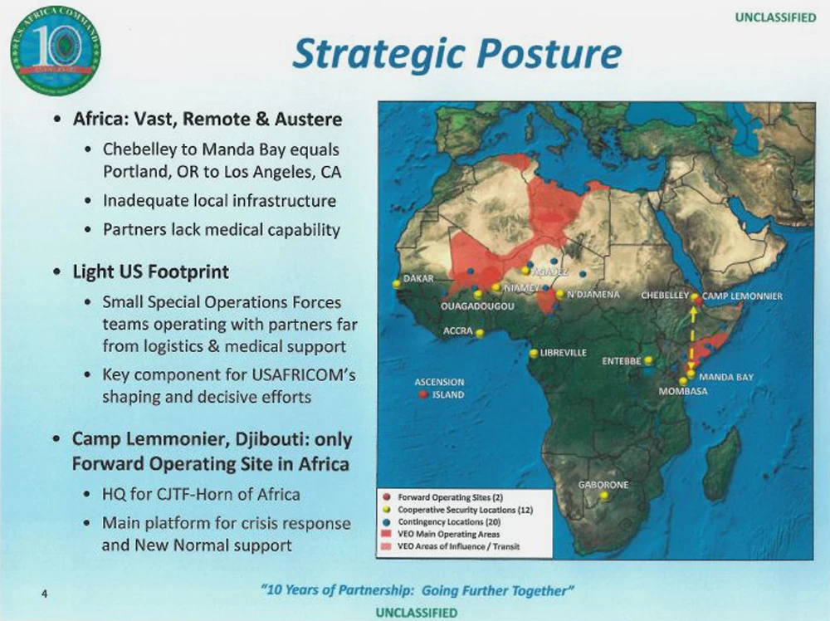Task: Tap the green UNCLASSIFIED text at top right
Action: click(775, 18)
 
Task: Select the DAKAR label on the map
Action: click(419, 277)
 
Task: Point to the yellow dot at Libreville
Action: click(534, 354)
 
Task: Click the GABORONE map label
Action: click(603, 484)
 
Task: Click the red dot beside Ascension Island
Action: click(422, 395)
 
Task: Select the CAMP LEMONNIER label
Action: click(742, 296)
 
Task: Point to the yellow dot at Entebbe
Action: click(648, 360)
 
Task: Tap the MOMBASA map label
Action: click(683, 391)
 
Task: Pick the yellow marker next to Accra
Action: click(479, 332)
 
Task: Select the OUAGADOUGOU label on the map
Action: click(477, 306)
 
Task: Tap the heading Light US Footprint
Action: click(151, 271)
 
